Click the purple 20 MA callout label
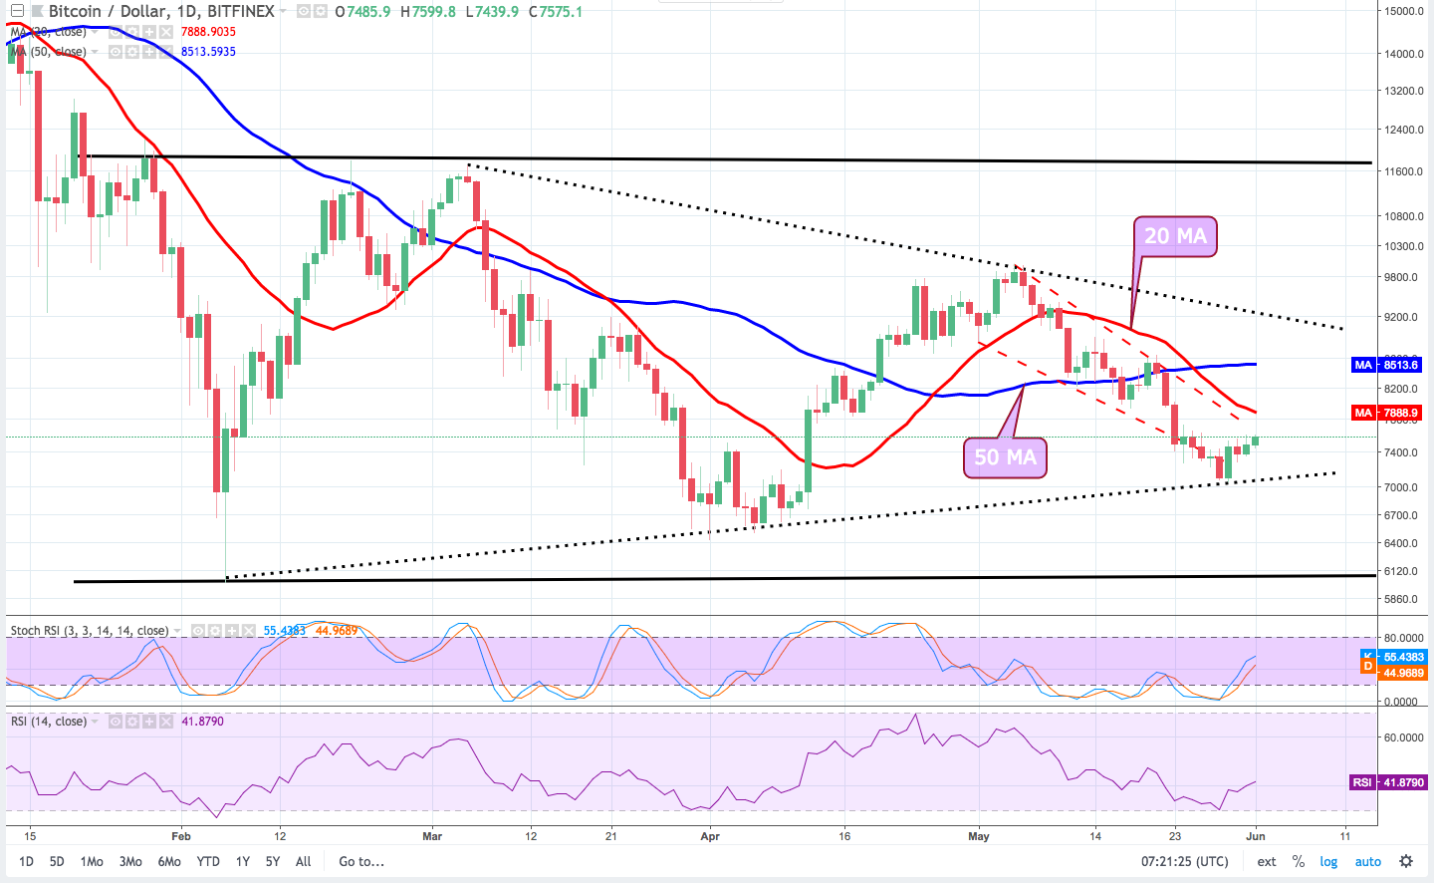(1175, 236)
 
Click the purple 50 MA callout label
(1005, 457)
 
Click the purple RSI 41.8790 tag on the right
(1388, 782)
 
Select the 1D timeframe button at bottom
(27, 861)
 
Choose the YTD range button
(208, 861)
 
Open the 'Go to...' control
(361, 861)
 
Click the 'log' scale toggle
(1328, 861)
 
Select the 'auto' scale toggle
(1367, 861)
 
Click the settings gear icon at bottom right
(1406, 861)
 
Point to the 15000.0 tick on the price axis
(1404, 11)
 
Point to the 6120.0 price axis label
(1401, 571)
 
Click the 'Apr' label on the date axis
(710, 836)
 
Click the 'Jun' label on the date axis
(1256, 836)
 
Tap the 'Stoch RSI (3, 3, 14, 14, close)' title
(90, 631)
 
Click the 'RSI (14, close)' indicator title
(49, 721)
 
